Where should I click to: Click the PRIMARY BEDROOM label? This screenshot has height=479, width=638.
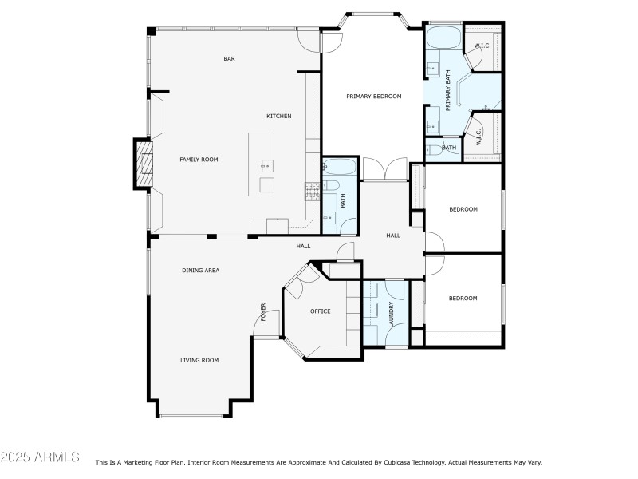pyautogui.click(x=373, y=96)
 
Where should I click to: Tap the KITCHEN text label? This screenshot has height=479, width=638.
pyautogui.click(x=278, y=117)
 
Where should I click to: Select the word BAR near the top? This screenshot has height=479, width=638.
pyautogui.click(x=229, y=58)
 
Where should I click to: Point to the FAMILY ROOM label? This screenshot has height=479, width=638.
pyautogui.click(x=199, y=160)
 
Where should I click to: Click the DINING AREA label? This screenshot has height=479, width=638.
pyautogui.click(x=200, y=271)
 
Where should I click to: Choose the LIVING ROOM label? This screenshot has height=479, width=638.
pyautogui.click(x=199, y=360)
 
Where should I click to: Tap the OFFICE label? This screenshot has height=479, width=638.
pyautogui.click(x=320, y=311)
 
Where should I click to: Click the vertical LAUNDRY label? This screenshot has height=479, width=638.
pyautogui.click(x=391, y=314)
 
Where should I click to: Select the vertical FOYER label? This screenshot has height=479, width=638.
pyautogui.click(x=262, y=312)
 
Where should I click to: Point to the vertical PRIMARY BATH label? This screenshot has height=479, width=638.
pyautogui.click(x=448, y=90)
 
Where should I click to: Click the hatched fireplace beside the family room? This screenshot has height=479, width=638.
pyautogui.click(x=142, y=164)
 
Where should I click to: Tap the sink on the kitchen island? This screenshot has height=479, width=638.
pyautogui.click(x=266, y=166)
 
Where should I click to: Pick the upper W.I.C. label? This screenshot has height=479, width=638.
pyautogui.click(x=482, y=46)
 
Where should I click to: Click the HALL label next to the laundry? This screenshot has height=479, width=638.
pyautogui.click(x=393, y=236)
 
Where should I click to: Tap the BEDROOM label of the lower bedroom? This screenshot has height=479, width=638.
pyautogui.click(x=463, y=299)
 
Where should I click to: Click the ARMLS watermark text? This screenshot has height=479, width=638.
pyautogui.click(x=40, y=457)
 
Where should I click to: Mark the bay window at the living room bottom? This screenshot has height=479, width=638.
pyautogui.click(x=195, y=416)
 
